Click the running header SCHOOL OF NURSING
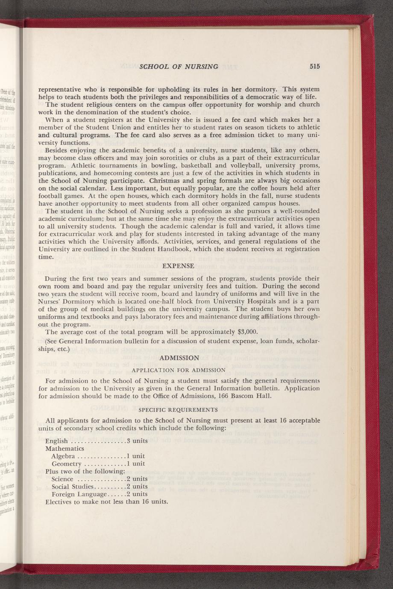coord(179,67)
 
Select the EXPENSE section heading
coord(179,266)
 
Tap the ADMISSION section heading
coord(179,358)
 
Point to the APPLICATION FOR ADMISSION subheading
coord(179,370)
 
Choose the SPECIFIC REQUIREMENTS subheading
coord(179,410)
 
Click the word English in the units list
coord(56,441)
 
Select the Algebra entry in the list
coord(64,456)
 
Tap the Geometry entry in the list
coord(66,464)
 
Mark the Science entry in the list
coord(62,479)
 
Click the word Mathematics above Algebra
coord(65,449)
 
